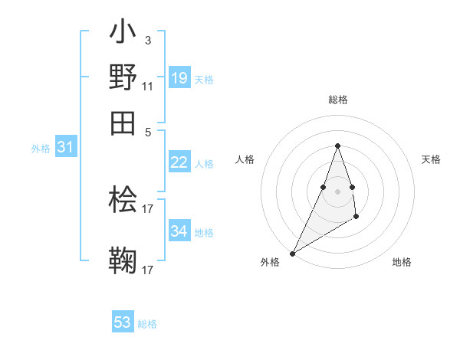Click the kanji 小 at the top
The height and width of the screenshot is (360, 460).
123,34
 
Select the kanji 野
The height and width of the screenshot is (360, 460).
123,77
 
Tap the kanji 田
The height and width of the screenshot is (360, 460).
123,121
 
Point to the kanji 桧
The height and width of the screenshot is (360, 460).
123,201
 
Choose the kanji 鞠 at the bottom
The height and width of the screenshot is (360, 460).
123,261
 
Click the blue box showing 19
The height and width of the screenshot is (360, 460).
179,77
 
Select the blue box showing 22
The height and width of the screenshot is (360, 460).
179,162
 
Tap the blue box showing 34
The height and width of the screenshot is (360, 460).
179,231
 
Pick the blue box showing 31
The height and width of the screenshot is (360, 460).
65,147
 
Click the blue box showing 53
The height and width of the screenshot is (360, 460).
123,322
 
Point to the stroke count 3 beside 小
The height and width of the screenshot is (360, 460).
147,40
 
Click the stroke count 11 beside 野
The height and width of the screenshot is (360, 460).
148,85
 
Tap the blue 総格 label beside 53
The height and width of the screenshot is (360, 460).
147,324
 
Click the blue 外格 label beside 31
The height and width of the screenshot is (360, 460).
41,149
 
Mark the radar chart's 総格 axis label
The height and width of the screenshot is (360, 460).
337,100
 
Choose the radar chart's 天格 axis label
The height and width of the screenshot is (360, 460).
432,159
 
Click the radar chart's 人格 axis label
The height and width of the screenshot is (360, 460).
245,159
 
